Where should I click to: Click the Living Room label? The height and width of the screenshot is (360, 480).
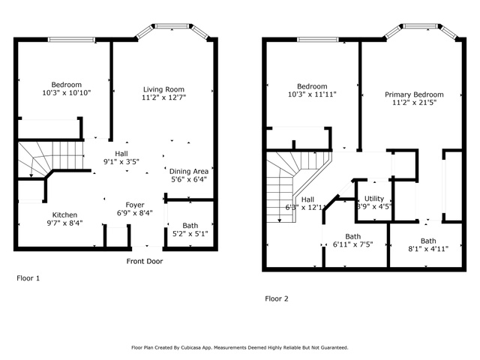tap(163, 89)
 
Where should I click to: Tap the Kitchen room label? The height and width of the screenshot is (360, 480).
tap(64, 215)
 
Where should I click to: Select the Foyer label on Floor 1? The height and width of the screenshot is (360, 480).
tap(135, 205)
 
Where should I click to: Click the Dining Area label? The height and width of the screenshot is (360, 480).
tap(189, 172)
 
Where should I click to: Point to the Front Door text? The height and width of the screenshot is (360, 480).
tap(145, 261)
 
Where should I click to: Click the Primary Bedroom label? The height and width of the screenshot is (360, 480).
tap(414, 94)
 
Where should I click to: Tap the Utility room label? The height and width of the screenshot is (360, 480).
tap(374, 199)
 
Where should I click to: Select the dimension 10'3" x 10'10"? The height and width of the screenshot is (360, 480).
tap(67, 93)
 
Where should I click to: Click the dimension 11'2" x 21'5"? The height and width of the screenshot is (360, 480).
tap(414, 103)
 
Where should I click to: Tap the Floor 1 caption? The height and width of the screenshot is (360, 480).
tap(28, 278)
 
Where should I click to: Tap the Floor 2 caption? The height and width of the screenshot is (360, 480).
tap(277, 298)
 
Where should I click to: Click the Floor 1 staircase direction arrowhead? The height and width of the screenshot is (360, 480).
tap(31, 175)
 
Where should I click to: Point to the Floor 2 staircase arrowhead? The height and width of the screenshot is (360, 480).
tap(280, 220)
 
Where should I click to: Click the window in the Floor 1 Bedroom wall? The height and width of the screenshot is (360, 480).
tap(72, 40)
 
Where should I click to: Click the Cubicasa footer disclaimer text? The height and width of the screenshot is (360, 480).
tap(240, 348)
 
